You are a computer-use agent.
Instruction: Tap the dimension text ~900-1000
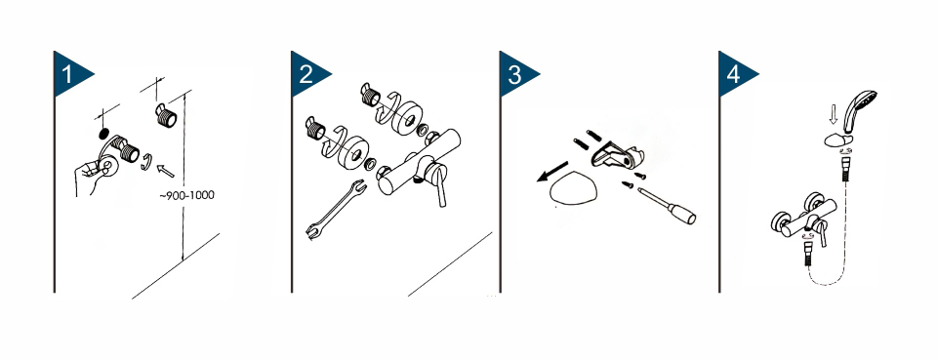click(187, 195)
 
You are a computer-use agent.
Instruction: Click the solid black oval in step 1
click(103, 132)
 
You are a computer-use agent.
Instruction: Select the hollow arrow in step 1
click(164, 170)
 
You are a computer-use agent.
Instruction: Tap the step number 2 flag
click(306, 74)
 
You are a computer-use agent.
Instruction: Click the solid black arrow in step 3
click(552, 172)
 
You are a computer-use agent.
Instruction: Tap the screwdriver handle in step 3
click(681, 214)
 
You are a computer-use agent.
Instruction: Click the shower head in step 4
click(859, 110)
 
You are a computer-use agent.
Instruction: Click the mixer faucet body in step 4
click(799, 220)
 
